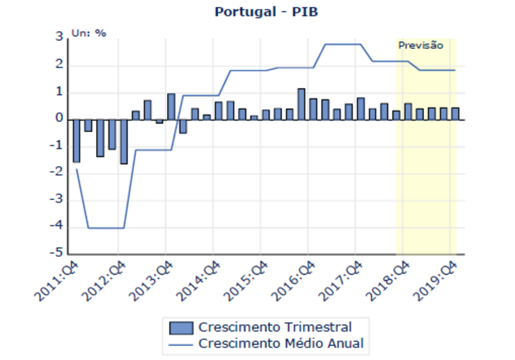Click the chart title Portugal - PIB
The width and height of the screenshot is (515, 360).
[x=257, y=12]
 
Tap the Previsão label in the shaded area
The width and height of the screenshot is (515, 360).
[x=421, y=46]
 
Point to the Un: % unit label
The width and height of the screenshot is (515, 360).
[x=89, y=32]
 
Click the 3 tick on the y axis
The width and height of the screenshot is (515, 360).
[x=60, y=39]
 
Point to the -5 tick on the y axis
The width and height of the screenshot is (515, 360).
[x=57, y=253]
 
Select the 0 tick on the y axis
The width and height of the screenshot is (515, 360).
[x=60, y=119]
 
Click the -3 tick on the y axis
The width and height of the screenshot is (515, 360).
[x=57, y=200]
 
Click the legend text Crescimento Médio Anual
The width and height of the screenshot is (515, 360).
[x=281, y=344]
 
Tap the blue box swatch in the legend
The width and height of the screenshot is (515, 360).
[x=181, y=327]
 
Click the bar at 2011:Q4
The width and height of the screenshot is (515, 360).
[x=76, y=141]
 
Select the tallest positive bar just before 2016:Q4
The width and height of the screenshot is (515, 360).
[x=301, y=104]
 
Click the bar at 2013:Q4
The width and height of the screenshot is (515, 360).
[x=171, y=107]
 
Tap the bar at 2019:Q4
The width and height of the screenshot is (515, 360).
[x=455, y=114]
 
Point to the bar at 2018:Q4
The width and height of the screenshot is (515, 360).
[x=408, y=112]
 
